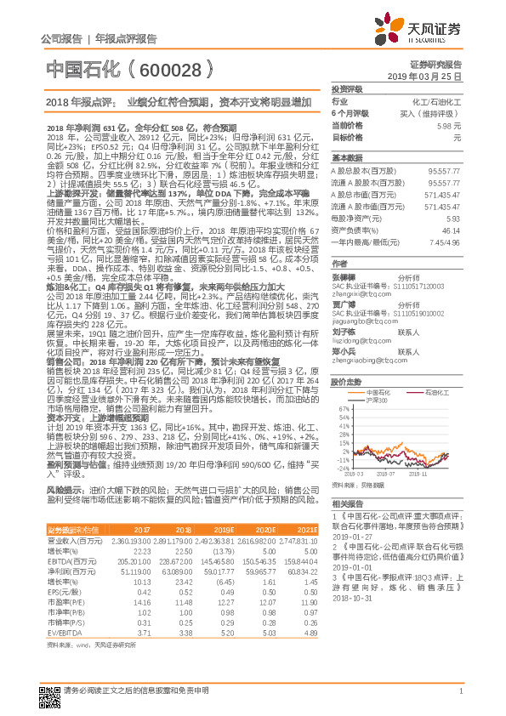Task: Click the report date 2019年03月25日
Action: [430, 77]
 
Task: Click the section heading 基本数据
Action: [346, 159]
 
